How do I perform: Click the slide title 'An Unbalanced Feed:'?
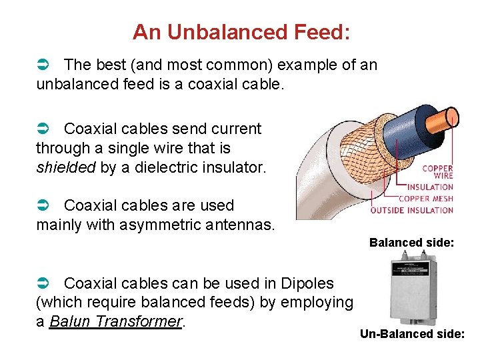click(241, 31)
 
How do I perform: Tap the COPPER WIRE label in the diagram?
click(437, 172)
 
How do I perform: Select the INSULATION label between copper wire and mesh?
click(430, 187)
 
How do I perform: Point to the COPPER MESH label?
click(425, 199)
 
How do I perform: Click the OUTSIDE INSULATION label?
click(411, 210)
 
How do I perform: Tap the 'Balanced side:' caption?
click(411, 243)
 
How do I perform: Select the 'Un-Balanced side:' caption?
click(412, 334)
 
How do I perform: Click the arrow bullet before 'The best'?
click(42, 65)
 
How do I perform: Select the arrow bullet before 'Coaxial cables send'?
click(42, 129)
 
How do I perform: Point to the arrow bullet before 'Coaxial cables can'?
click(42, 283)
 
